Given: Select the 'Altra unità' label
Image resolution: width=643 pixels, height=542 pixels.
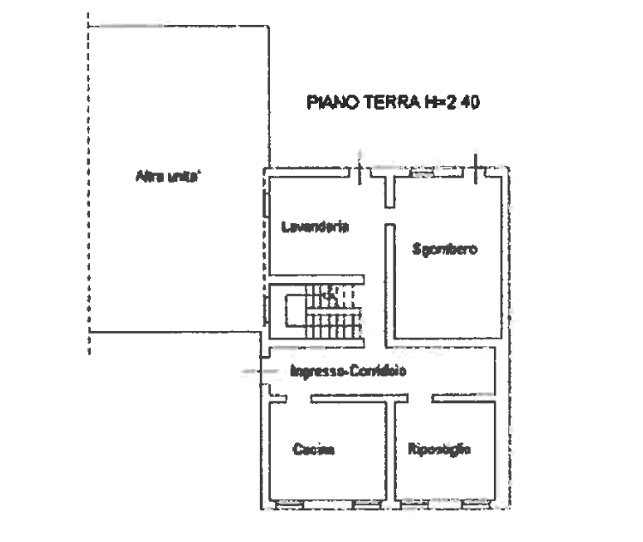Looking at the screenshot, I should pyautogui.click(x=167, y=178).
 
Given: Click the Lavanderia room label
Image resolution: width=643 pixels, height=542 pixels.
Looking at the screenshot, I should pyautogui.click(x=315, y=227).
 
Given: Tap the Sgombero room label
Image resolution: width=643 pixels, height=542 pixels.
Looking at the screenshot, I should pyautogui.click(x=444, y=249).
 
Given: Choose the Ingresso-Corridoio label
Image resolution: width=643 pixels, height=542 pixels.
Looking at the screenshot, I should pyautogui.click(x=347, y=371).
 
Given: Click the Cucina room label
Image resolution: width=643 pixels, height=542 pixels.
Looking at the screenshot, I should pyautogui.click(x=314, y=449).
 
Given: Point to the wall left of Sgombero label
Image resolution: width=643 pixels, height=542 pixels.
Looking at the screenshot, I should pyautogui.click(x=389, y=283).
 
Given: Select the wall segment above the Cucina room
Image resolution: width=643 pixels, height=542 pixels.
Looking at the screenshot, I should pyautogui.click(x=347, y=397).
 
